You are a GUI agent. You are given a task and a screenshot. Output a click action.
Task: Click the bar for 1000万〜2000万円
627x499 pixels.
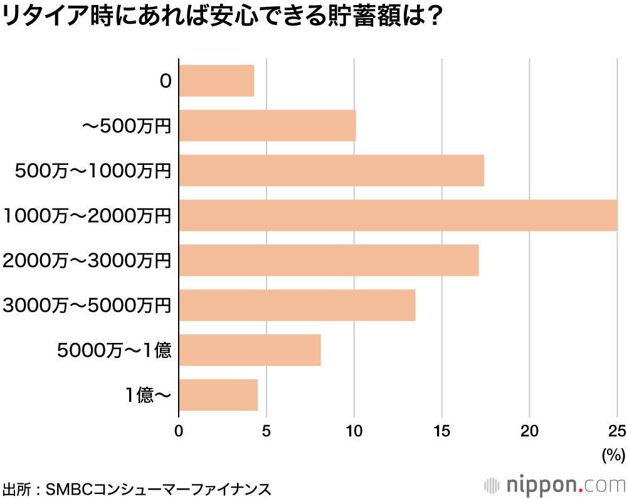coord(398,215)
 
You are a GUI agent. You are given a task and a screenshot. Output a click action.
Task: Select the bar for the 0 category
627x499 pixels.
coord(216,81)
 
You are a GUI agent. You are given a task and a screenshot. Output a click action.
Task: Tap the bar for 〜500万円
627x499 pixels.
coord(267,125)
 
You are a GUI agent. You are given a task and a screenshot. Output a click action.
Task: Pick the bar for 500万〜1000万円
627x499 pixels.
coord(331,171)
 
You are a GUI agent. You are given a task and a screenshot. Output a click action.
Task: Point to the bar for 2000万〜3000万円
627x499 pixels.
coord(329,260)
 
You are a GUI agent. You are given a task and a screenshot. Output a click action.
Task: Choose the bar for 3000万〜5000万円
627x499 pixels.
coord(297,305)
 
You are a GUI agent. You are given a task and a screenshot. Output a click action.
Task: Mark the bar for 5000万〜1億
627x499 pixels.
coord(250,350)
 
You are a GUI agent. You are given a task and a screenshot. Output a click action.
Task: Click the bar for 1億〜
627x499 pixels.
coord(218,395)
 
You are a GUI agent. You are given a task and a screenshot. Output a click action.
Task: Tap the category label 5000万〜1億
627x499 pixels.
coord(113,350)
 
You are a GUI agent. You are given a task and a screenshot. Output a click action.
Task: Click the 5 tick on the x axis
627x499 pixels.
coord(266,431)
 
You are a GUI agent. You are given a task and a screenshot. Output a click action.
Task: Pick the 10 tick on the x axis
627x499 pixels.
coord(354,431)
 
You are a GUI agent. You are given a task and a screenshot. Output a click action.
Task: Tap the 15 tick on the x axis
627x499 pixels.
coord(442,431)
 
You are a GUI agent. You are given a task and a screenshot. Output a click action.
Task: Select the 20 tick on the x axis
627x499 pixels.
coord(530,431)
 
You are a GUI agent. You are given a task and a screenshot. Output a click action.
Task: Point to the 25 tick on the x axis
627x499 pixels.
coord(617,431)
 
